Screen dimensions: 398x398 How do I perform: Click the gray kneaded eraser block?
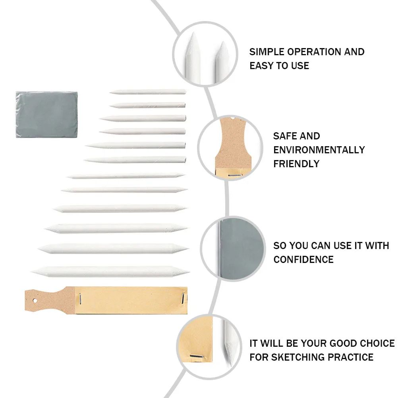(x=47, y=114)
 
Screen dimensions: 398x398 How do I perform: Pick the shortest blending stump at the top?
(x=148, y=92)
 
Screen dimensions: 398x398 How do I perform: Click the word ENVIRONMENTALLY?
(x=319, y=150)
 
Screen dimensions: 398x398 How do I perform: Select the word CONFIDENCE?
(x=303, y=260)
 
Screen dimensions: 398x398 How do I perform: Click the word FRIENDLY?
(x=296, y=164)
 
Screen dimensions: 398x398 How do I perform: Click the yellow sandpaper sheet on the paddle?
(x=131, y=299)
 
